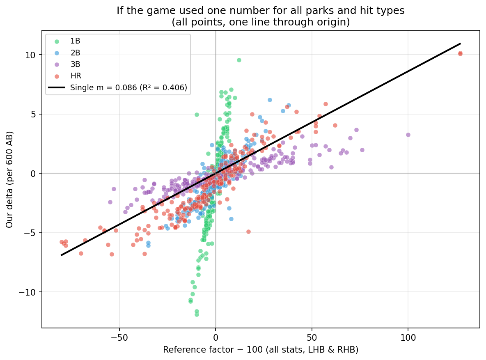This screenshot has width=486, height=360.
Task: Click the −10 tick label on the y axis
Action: [x=30, y=292]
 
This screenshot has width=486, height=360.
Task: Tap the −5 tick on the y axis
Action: [x=32, y=233]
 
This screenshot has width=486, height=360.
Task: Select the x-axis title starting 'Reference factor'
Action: [x=261, y=350]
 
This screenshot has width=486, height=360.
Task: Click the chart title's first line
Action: [x=261, y=11]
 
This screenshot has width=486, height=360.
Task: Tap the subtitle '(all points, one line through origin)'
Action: [x=261, y=22]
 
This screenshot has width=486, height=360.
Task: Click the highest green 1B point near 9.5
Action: [x=239, y=60]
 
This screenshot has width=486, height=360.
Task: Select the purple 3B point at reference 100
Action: [x=408, y=135]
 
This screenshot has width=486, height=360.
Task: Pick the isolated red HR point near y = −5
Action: [x=248, y=232]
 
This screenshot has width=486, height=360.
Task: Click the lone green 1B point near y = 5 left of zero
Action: [x=197, y=115]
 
